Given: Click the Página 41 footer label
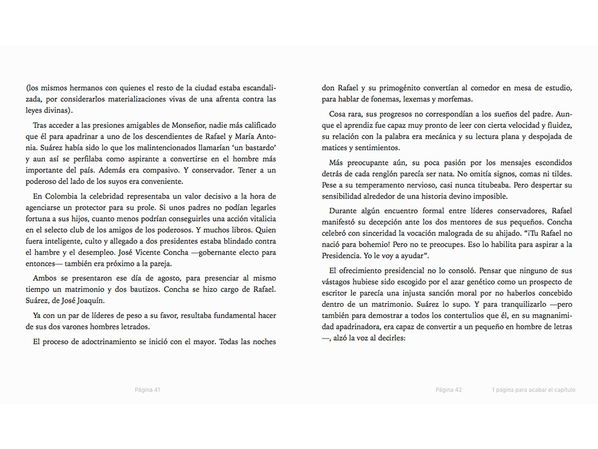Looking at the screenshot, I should (147, 390).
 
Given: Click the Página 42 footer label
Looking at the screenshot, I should (448, 390).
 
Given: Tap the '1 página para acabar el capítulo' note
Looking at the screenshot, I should (533, 390).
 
